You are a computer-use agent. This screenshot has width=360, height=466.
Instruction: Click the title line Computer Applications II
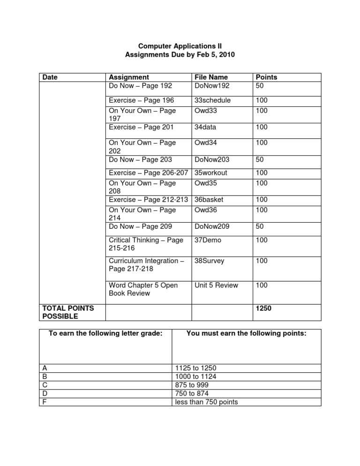180,46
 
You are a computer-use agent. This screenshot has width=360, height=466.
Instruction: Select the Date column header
50,77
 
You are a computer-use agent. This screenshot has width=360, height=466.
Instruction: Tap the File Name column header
211,77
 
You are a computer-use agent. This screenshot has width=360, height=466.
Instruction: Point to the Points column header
266,77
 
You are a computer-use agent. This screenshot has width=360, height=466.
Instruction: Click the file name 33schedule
212,100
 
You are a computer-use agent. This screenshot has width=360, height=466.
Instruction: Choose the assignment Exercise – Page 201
141,127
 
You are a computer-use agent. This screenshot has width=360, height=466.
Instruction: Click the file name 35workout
210,173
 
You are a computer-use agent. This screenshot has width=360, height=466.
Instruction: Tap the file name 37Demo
208,240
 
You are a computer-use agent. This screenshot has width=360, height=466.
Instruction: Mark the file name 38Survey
210,261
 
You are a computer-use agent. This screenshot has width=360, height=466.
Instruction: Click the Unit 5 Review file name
216,285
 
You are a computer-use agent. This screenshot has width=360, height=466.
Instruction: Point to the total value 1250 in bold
262,308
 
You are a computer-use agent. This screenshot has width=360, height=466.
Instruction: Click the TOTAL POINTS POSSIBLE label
68,312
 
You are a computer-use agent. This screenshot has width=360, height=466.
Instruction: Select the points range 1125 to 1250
195,368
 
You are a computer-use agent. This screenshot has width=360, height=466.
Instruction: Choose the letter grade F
44,402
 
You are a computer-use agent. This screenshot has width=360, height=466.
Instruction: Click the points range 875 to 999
191,385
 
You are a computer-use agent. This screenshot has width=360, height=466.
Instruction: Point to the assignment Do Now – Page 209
141,226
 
